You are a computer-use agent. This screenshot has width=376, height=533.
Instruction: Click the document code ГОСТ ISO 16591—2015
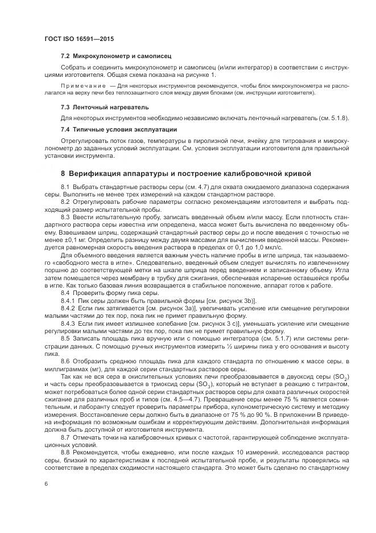[x=76, y=38]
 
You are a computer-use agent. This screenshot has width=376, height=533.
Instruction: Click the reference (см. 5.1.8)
[x=333, y=118]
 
